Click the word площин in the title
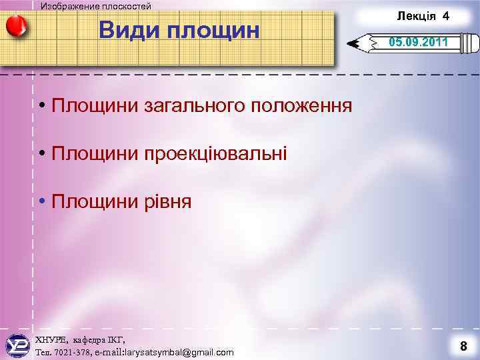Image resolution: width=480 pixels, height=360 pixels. click(213, 30)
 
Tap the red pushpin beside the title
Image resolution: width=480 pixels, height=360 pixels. click(16, 26)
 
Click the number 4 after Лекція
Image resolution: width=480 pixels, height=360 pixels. click(445, 15)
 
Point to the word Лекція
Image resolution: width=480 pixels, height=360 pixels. click(416, 15)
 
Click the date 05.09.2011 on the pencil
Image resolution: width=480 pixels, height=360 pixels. click(419, 43)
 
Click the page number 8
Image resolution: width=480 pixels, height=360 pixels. click(463, 346)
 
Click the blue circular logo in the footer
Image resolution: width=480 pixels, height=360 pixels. click(17, 346)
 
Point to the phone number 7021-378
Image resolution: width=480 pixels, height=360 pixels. click(71, 352)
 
